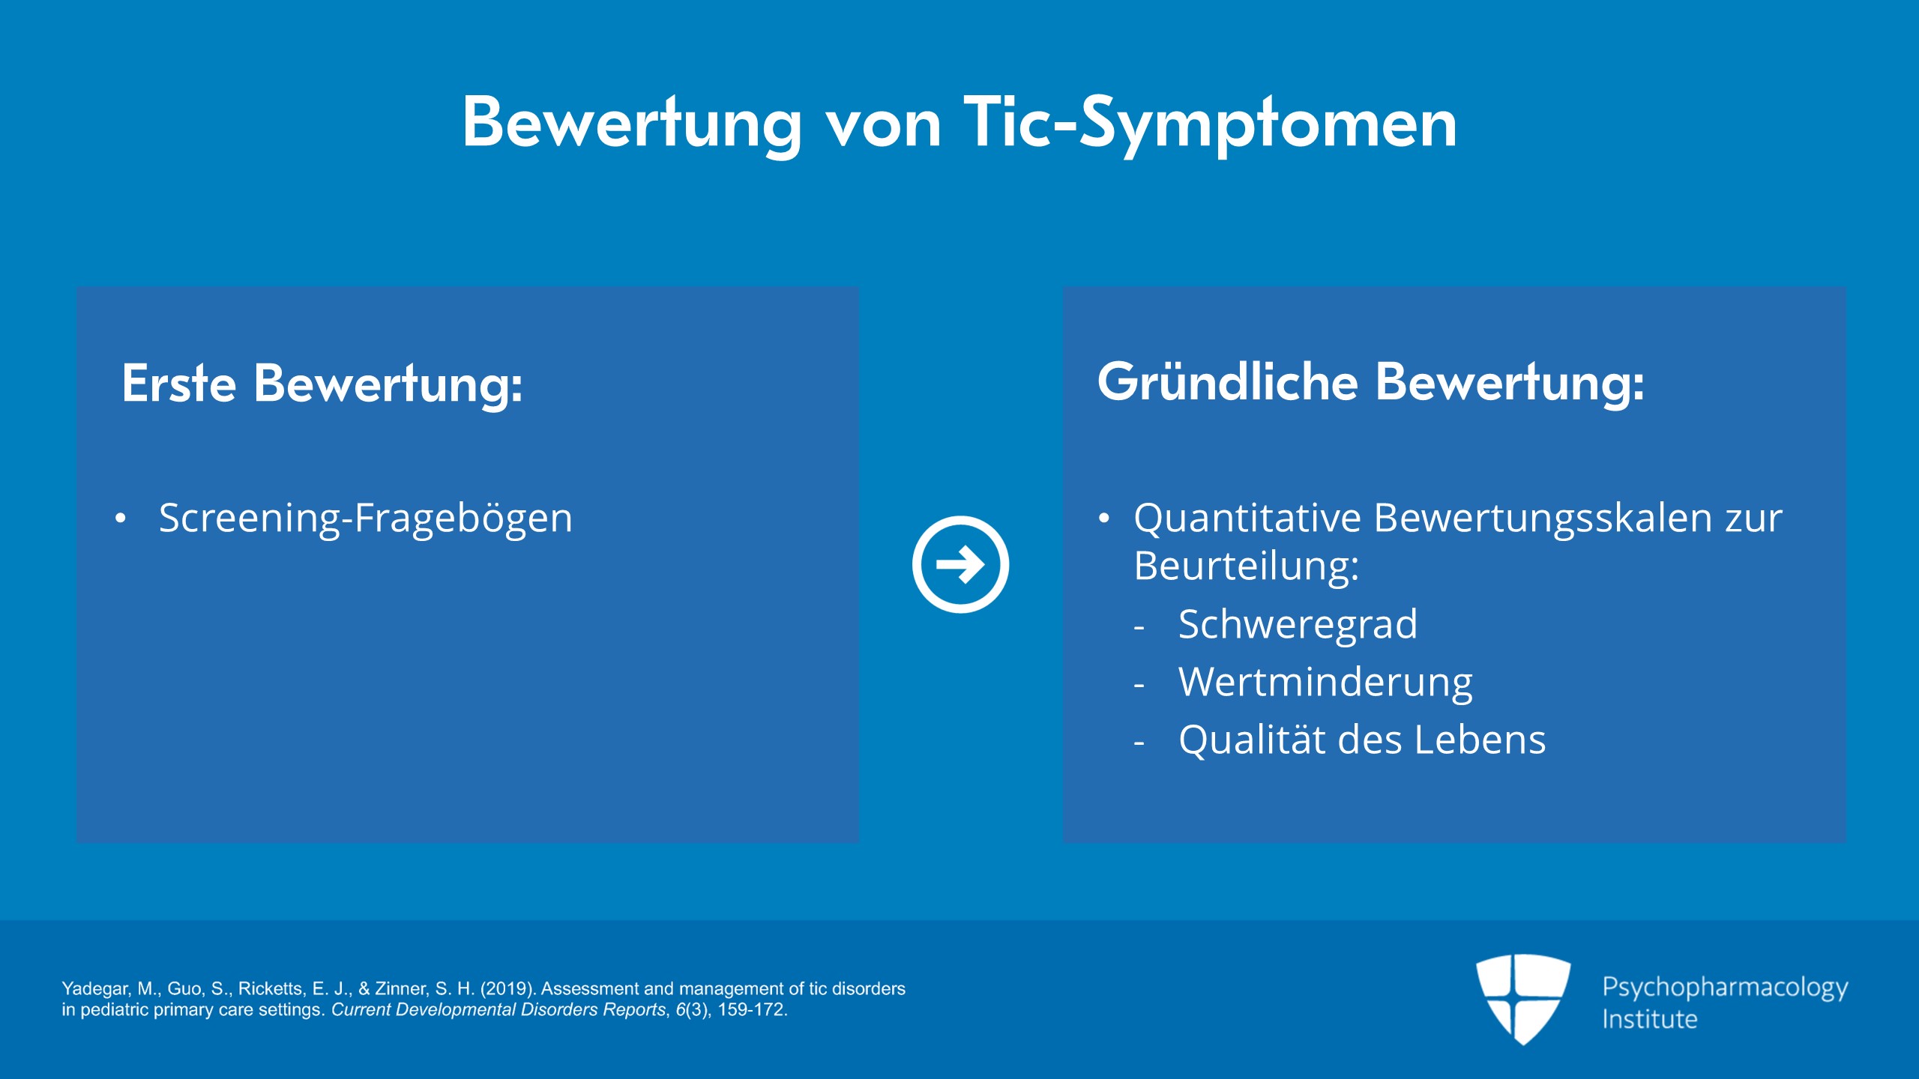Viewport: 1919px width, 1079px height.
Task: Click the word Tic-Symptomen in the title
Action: coord(1211,124)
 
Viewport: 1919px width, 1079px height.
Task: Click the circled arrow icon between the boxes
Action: coord(960,564)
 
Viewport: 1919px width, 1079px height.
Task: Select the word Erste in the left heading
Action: coord(179,383)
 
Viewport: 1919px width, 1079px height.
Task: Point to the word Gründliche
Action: coord(1228,381)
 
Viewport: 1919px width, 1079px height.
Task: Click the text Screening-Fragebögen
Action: coord(366,518)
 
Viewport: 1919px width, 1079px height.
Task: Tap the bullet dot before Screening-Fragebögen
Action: coord(121,519)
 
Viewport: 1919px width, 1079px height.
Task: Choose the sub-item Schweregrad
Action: coord(1298,624)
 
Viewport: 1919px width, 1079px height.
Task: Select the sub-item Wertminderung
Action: coord(1325,682)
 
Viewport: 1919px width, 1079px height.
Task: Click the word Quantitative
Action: coord(1247,518)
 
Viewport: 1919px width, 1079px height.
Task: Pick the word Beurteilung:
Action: coord(1246,566)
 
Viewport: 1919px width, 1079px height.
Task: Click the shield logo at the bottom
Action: coord(1523,999)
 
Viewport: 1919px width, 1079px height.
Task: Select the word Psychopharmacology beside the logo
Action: coord(1725,988)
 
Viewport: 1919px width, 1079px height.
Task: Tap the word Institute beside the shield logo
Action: coord(1649,1019)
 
